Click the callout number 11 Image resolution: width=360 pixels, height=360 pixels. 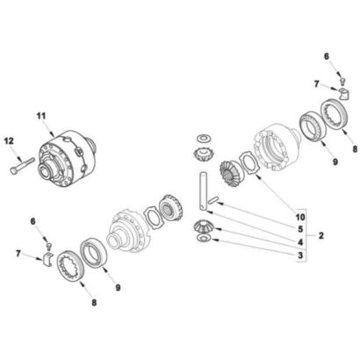point(41,116)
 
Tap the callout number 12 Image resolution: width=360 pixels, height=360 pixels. point(9,141)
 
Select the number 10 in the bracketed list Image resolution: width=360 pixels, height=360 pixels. point(300,217)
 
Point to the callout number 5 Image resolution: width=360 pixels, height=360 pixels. point(300,229)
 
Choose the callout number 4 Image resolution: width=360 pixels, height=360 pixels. point(300,242)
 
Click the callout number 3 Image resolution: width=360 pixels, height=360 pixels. point(300,256)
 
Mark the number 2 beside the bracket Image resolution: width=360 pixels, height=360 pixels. point(321,235)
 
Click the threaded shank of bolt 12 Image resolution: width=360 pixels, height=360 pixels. point(27,163)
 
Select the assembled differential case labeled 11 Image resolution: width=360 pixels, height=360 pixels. point(68,158)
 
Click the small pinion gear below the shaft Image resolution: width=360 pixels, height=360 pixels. point(204,227)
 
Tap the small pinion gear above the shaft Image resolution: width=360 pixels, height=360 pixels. point(204,155)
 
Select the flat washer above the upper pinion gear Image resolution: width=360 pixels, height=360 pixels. point(204,137)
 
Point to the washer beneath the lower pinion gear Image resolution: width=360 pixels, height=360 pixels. point(204,238)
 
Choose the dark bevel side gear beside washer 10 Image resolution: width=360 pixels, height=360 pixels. point(231,175)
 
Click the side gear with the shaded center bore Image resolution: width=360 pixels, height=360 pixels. point(170,208)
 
